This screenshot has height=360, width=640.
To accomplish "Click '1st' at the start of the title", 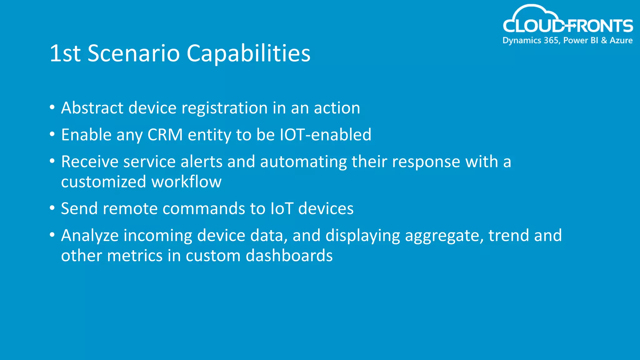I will tap(65, 53).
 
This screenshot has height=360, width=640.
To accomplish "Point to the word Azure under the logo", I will tap(621, 40).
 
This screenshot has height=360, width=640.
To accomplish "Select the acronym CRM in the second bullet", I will tap(165, 135).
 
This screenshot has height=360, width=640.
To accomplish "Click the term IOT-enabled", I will tap(325, 135).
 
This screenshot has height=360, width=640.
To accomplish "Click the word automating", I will tap(303, 162).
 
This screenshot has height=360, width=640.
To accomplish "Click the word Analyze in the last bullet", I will tap(90, 236).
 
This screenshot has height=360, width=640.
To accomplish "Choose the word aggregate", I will tap(444, 236).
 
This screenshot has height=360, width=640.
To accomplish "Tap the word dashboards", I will tap(289, 256).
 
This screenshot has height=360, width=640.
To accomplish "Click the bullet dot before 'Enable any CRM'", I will tap(52, 134).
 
